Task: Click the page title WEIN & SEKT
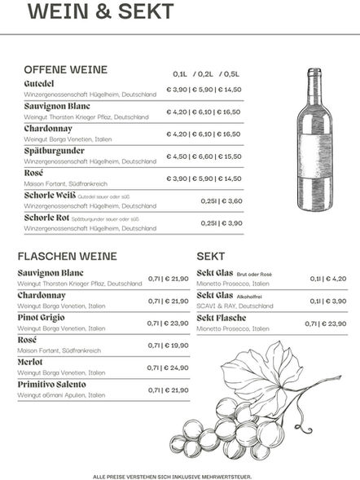pyautogui.click(x=100, y=12)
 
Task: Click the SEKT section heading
pyautogui.click(x=211, y=256)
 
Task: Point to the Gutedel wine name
pyautogui.click(x=40, y=84)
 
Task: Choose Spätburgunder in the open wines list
pyautogui.click(x=55, y=151)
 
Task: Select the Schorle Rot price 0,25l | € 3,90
pyautogui.click(x=222, y=222)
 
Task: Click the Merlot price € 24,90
pyautogui.click(x=168, y=368)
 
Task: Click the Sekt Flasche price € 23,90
pyautogui.click(x=325, y=324)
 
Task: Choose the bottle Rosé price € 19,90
pyautogui.click(x=168, y=346)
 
